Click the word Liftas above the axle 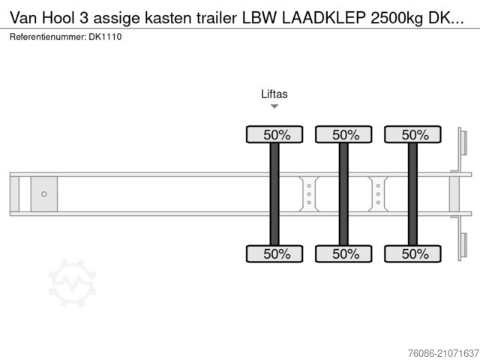point(274,94)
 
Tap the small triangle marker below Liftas point(274,106)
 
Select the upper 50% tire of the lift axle point(275,135)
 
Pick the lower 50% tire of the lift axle point(275,253)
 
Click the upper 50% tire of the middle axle point(344,135)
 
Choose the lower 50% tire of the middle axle point(344,253)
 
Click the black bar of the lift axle point(275,194)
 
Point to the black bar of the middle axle point(344,194)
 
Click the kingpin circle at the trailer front point(44,194)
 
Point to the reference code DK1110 point(106,37)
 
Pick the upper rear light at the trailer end point(463,142)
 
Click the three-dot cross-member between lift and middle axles point(309,194)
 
